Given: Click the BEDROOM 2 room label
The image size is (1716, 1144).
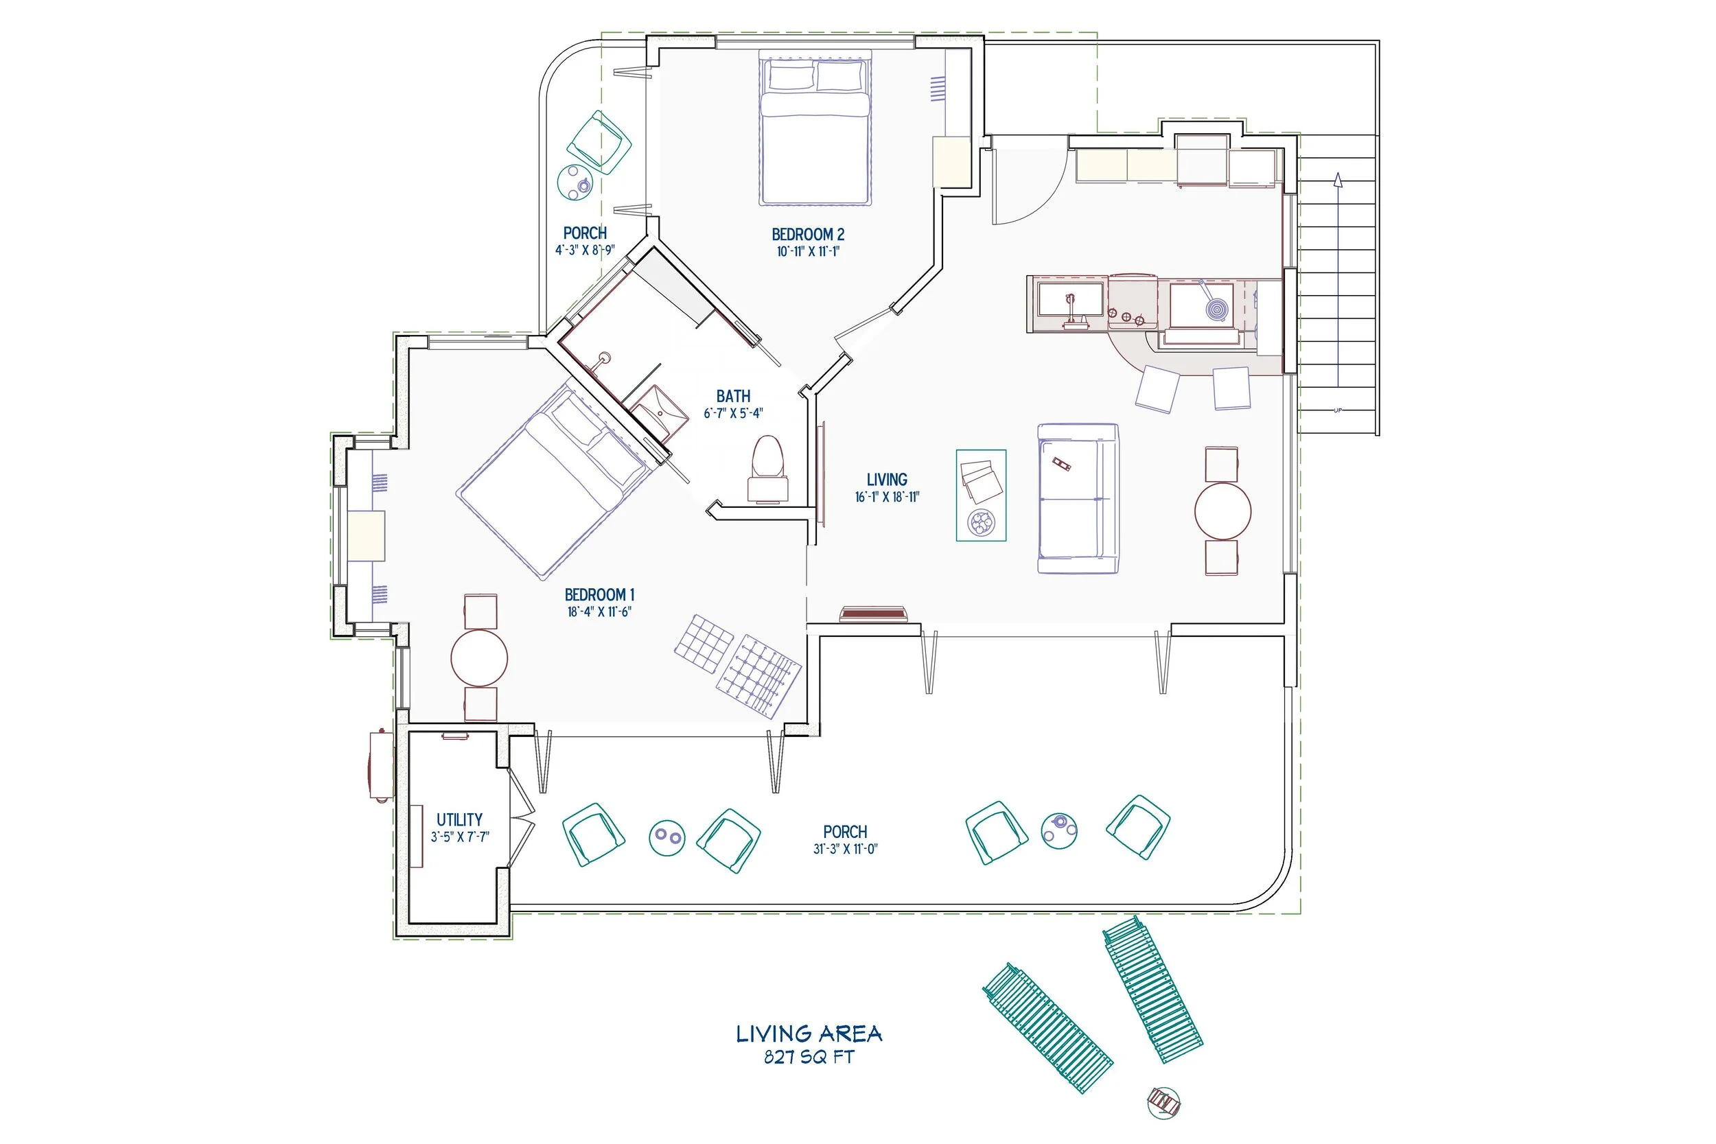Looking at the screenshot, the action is pos(808,234).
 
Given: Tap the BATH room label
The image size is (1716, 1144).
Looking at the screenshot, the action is pos(733,396).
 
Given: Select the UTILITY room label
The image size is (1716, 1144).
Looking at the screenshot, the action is pos(459,819).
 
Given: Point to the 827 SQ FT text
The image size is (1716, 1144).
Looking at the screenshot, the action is pos(809,1056).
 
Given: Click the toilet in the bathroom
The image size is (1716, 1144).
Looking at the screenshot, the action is pos(767,469).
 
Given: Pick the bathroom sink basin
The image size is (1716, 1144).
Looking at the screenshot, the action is pos(658,414).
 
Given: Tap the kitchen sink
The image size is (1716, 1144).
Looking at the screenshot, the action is pos(1071,305).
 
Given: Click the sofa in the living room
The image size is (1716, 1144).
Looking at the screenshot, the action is pos(1078,498).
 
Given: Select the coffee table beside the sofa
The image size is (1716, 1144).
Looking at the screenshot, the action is pos(982,495).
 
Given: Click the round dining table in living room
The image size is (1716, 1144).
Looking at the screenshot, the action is pos(1222,511).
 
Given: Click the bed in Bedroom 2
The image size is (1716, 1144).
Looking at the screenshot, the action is pos(815,127).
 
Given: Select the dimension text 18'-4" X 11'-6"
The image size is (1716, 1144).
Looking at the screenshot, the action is pos(599,612).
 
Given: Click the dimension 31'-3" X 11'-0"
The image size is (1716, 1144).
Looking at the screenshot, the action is pos(846,848).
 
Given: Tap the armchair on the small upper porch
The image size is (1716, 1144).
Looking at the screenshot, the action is pos(600,142).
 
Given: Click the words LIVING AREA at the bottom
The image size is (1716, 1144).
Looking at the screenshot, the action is pos(809,1033).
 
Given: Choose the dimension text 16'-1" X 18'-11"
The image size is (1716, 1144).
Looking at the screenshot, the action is pos(888,497).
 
